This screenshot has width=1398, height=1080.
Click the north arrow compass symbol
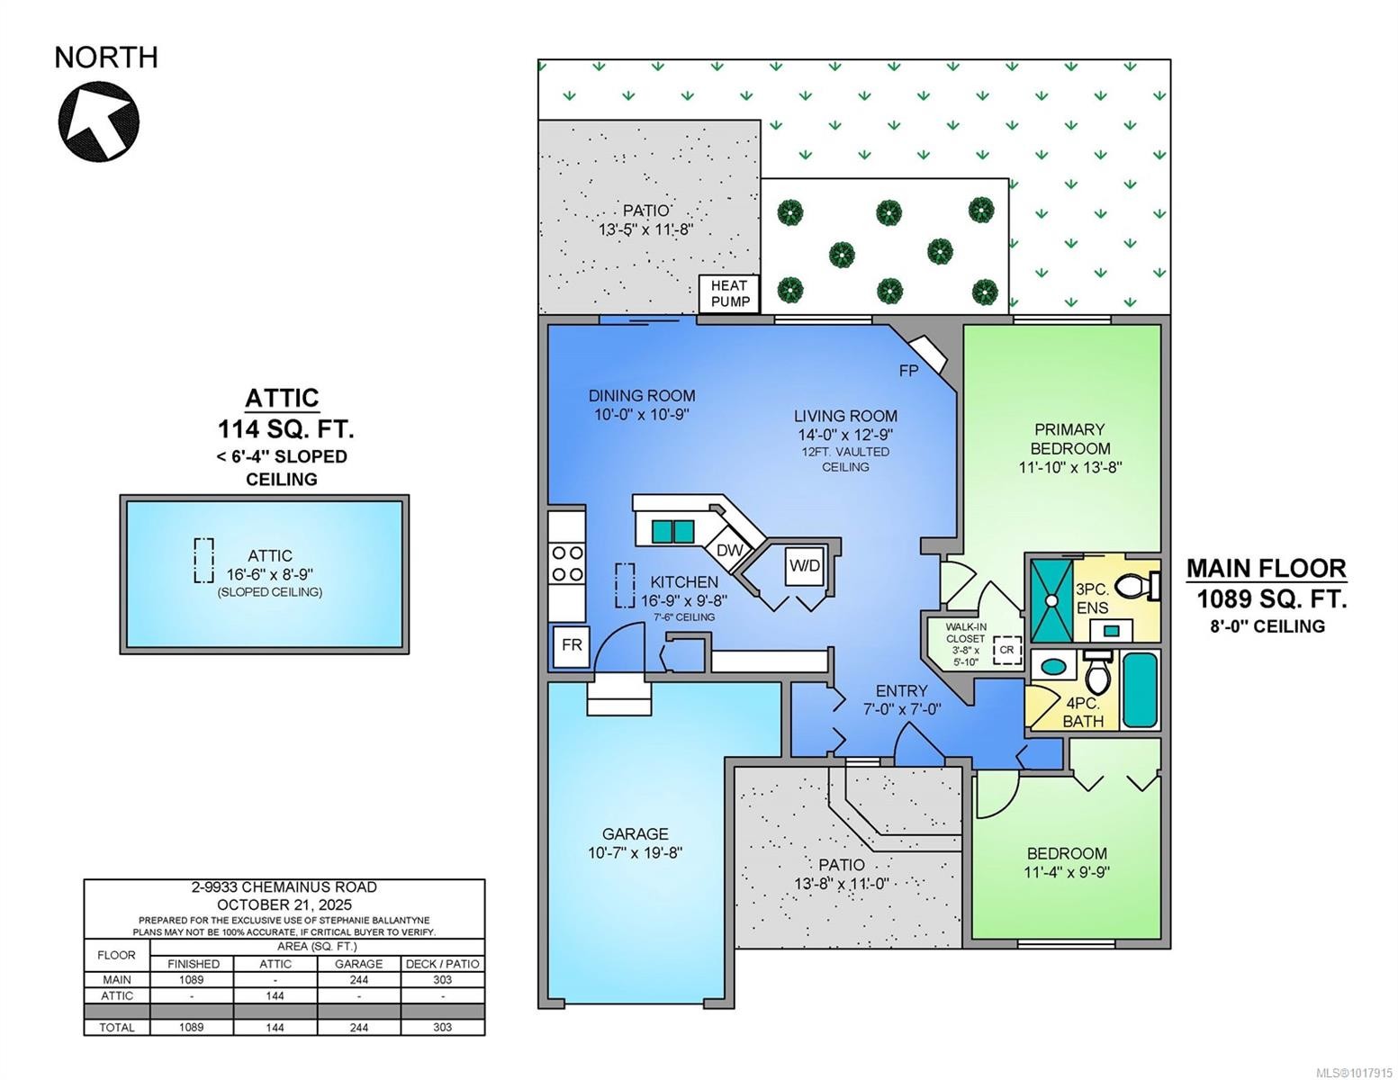98,121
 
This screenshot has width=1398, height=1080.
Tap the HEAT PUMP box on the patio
730,293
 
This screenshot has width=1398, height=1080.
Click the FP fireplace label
908,370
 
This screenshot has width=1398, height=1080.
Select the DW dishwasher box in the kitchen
729,550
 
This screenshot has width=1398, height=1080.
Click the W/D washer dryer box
805,565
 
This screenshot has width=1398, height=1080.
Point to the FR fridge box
572,645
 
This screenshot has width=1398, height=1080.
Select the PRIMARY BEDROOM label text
1069,438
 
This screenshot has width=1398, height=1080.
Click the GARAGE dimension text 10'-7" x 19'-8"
636,852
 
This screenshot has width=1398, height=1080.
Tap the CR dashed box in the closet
1006,650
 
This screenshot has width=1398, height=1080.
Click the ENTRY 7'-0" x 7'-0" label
901,699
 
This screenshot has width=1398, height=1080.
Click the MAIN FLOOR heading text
1266,568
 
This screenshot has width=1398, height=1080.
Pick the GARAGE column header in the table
358,963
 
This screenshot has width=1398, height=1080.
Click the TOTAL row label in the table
117,1027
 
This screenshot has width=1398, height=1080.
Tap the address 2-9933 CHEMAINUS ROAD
284,887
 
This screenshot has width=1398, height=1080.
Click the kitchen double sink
673,531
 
